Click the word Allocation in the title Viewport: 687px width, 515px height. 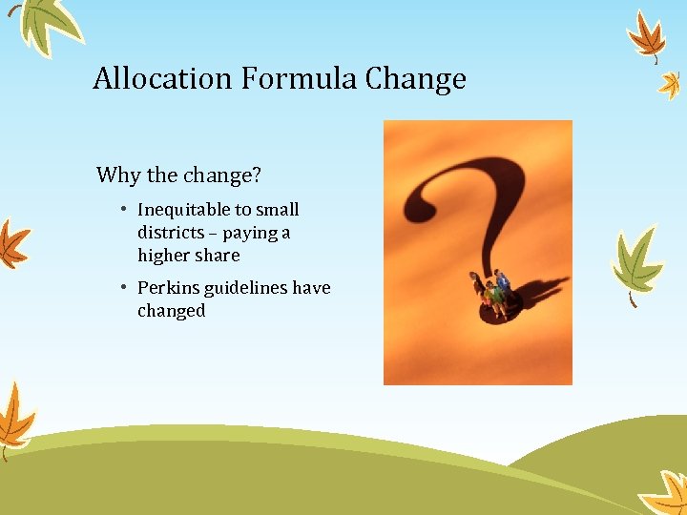(x=163, y=78)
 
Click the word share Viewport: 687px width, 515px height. (x=218, y=256)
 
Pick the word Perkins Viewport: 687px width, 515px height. (x=165, y=288)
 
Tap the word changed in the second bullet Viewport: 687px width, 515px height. (x=172, y=311)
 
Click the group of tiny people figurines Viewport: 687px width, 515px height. (x=490, y=292)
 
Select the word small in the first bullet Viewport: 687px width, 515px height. (x=277, y=210)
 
